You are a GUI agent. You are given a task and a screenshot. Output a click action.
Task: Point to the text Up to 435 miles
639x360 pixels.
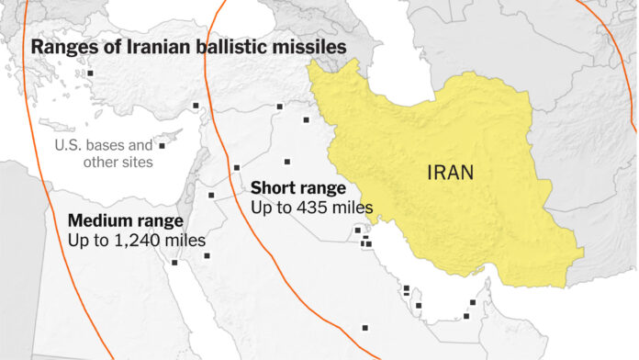(x=312, y=208)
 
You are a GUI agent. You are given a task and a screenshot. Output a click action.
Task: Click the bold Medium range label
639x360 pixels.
(x=126, y=221)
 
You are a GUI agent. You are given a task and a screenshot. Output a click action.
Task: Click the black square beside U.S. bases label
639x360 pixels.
(x=162, y=145)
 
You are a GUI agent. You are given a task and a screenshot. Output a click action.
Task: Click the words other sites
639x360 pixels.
(x=118, y=163)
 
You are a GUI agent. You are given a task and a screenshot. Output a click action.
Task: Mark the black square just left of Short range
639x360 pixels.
(x=237, y=167)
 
